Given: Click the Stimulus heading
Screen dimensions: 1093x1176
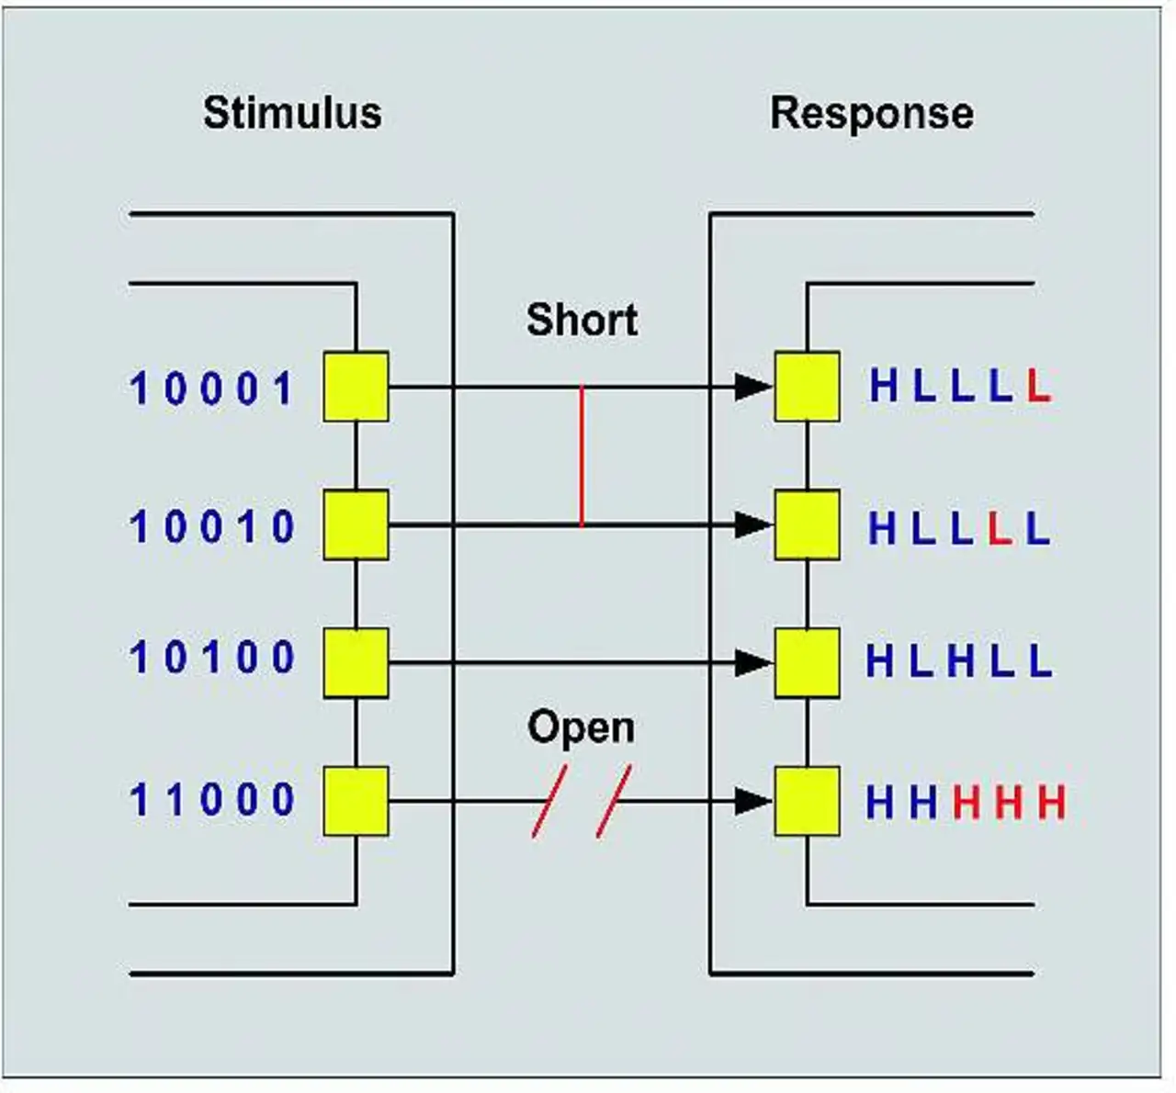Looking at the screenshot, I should [x=292, y=113].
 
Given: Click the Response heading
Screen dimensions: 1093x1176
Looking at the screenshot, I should [x=871, y=113].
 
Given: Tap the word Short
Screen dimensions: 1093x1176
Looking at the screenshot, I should [x=582, y=320].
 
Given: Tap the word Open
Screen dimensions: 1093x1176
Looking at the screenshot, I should [x=581, y=727].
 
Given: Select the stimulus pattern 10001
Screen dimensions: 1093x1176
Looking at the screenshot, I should [x=211, y=389].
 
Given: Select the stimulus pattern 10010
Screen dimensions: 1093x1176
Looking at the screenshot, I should [x=211, y=527].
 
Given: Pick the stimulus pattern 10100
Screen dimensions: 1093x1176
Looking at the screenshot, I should [x=211, y=658].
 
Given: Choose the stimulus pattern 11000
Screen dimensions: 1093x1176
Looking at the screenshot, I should [x=211, y=800].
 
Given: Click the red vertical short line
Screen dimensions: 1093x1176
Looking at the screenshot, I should [x=582, y=456].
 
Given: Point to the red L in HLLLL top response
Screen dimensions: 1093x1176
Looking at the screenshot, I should [x=1038, y=387].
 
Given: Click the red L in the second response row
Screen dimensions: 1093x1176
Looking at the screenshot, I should [x=1000, y=528].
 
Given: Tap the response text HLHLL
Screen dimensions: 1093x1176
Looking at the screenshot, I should [x=958, y=660].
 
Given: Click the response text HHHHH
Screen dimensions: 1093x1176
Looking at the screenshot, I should [x=965, y=803].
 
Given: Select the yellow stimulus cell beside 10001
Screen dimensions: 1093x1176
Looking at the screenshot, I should [x=356, y=387].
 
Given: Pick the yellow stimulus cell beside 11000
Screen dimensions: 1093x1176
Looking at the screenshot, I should [x=356, y=801].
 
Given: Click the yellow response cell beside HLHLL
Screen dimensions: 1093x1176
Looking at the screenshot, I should [x=807, y=662].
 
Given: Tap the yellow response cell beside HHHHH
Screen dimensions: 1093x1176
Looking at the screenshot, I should [x=807, y=801].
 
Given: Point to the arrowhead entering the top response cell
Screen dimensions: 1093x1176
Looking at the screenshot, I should [x=753, y=387].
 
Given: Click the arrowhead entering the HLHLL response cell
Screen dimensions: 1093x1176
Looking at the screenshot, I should [x=753, y=662].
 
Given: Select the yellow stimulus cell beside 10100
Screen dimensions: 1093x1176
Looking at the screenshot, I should [x=356, y=662].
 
